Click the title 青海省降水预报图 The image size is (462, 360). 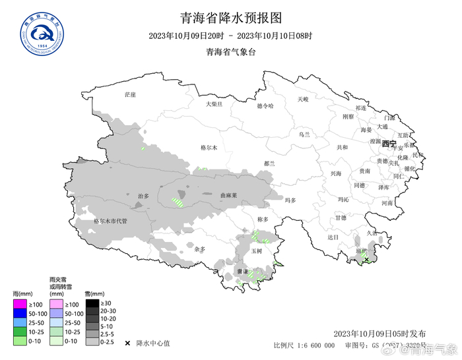coord(230,17)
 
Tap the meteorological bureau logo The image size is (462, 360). coord(38,32)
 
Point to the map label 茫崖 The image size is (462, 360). coord(130,95)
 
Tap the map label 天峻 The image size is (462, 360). coord(302,100)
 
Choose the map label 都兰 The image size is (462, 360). coord(269,163)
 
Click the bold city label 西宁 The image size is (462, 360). coord(389,144)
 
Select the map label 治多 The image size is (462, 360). coord(143,196)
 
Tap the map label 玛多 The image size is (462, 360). coord(290,200)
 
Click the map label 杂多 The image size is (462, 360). coord(200,249)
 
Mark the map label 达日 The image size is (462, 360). coord(332,237)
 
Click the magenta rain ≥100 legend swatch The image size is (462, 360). coord(19,304)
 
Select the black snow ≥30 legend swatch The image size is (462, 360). coord(92,303)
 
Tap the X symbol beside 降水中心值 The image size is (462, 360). coord(127,343)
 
